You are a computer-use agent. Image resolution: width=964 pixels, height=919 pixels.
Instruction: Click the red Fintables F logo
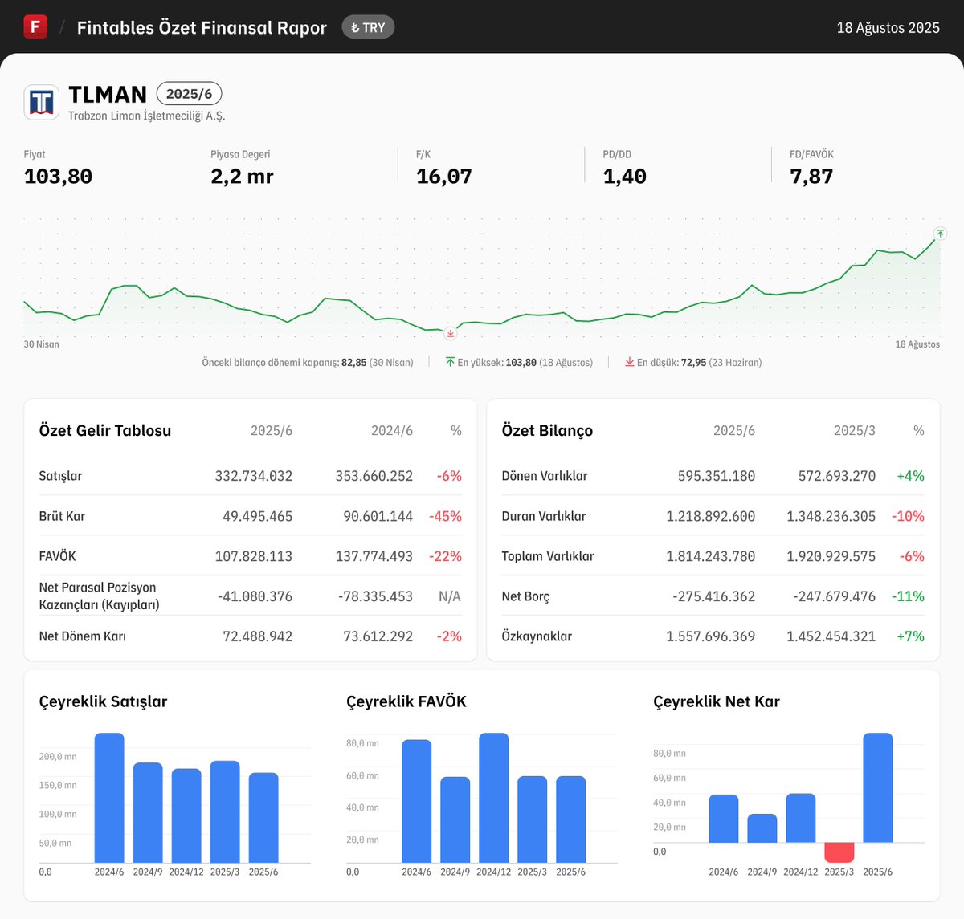(x=35, y=26)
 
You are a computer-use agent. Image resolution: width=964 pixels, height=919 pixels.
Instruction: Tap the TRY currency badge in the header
(x=368, y=27)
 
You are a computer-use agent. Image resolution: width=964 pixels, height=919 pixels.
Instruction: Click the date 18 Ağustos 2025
(x=888, y=28)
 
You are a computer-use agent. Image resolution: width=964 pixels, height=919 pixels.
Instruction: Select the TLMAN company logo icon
(x=41, y=102)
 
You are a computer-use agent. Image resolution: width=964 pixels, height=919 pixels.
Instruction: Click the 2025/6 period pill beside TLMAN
(x=189, y=94)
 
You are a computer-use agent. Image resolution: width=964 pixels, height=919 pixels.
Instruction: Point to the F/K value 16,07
(x=443, y=177)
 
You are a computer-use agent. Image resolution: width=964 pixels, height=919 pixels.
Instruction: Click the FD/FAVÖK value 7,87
(x=811, y=177)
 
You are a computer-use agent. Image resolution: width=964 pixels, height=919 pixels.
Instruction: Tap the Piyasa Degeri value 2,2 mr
(x=242, y=177)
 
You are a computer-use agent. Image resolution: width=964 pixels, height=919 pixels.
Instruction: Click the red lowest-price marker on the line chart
(x=450, y=333)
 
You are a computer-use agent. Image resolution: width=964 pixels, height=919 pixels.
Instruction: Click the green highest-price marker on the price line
(x=940, y=234)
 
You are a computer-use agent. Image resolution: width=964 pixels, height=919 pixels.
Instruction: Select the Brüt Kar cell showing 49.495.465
(x=257, y=516)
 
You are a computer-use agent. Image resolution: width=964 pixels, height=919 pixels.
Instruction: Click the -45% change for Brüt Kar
(x=445, y=516)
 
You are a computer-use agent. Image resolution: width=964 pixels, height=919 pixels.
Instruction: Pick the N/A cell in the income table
(x=449, y=596)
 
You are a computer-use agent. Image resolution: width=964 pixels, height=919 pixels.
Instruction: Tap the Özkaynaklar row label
(x=537, y=636)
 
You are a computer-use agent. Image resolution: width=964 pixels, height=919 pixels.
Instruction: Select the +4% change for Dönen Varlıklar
(x=910, y=476)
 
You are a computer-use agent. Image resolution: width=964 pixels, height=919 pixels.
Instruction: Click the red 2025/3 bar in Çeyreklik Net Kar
(x=839, y=852)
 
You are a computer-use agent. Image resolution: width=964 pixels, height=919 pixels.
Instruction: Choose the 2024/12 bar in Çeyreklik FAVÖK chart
(x=493, y=797)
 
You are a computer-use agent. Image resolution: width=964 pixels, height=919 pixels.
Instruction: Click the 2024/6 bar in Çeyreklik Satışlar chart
(x=109, y=797)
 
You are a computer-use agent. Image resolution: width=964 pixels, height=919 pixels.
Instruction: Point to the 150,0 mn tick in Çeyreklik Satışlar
(x=58, y=785)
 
